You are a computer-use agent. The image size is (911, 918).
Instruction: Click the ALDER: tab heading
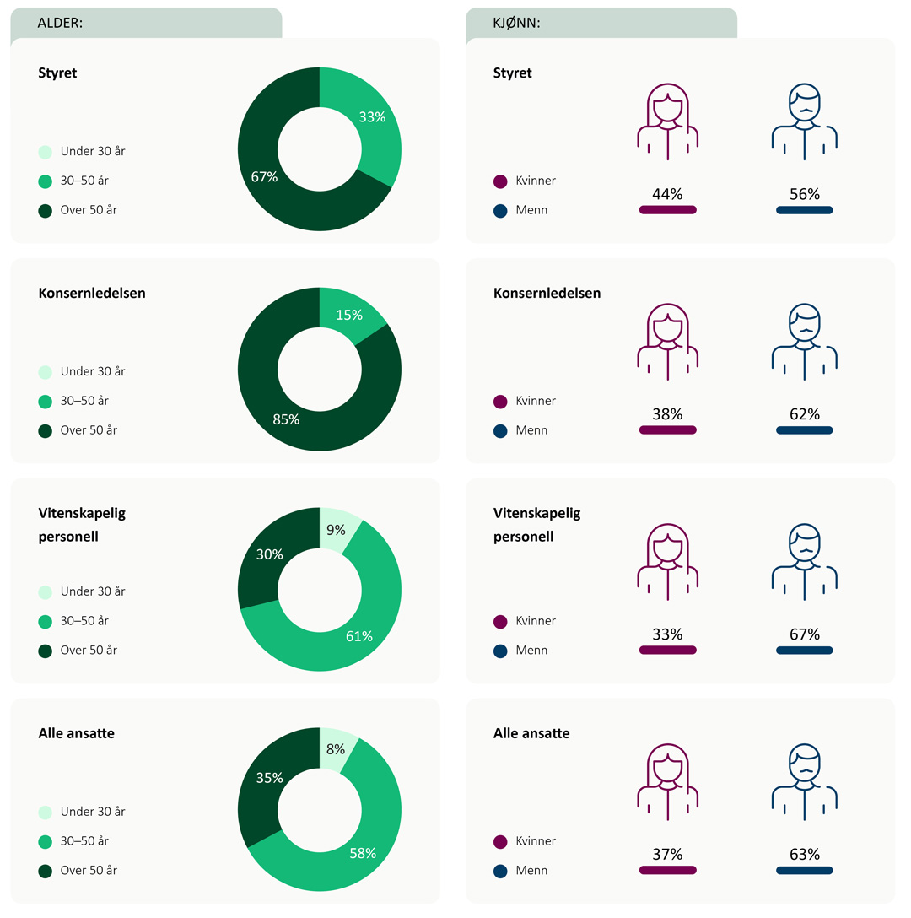tap(61, 24)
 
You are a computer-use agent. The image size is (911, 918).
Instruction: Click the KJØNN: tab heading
tap(517, 24)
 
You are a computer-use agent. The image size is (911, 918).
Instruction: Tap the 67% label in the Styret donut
tap(265, 177)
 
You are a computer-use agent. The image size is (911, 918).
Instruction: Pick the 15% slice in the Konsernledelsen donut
tap(349, 315)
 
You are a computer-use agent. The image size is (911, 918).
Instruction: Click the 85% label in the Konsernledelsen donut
tap(287, 419)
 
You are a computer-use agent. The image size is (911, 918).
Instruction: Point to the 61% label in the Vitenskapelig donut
tap(359, 636)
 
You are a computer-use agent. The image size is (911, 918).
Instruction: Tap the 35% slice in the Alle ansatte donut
tap(269, 778)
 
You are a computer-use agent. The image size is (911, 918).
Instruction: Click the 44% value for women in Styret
tap(667, 194)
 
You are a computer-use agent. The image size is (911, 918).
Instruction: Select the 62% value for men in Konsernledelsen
tap(805, 414)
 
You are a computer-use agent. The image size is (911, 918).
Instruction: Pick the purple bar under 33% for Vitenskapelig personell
tap(667, 650)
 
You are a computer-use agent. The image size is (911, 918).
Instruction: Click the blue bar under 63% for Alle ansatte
tap(805, 870)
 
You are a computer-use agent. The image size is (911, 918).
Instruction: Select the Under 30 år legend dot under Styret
tap(46, 152)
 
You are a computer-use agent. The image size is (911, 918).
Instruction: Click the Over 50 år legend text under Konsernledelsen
tap(89, 430)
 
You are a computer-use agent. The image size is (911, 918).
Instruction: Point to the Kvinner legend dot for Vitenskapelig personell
tap(500, 621)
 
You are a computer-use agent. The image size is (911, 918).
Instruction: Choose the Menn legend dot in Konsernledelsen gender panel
tap(500, 430)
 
